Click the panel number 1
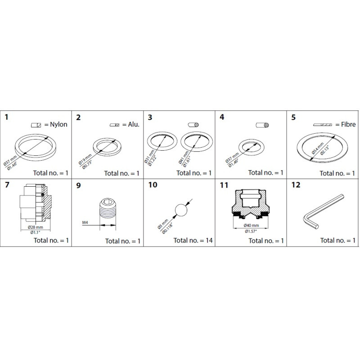tap(7, 118)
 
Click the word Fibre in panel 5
tap(345, 125)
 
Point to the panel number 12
tap(296, 184)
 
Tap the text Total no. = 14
tap(193, 241)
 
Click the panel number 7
tap(7, 184)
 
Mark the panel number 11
tap(224, 184)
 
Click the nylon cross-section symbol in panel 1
tap(36, 125)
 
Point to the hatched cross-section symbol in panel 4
tap(262, 124)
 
